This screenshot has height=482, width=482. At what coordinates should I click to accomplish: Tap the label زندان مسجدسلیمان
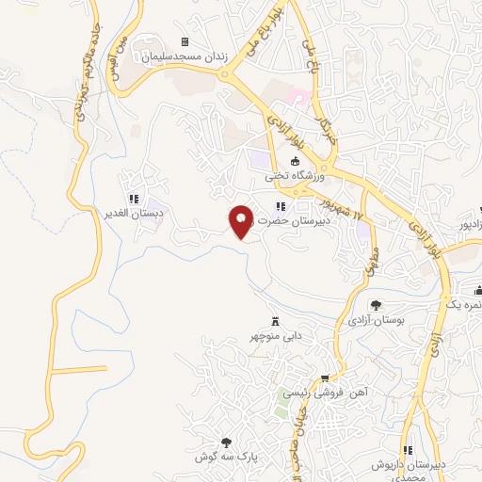185,56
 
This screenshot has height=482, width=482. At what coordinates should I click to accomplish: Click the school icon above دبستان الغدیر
133,199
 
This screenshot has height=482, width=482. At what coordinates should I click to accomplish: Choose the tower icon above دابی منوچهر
276,320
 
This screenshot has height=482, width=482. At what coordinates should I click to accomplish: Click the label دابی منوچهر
274,335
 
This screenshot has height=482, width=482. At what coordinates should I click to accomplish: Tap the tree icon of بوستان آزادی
376,304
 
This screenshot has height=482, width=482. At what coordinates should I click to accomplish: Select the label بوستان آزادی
376,321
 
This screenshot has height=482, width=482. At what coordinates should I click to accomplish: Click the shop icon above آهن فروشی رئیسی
326,377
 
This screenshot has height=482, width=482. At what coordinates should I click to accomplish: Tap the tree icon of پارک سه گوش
225,441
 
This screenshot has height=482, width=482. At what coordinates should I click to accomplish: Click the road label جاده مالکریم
83,98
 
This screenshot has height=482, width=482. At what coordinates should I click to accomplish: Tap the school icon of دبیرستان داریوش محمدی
407,451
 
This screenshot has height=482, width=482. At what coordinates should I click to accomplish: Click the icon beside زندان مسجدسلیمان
185,41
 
